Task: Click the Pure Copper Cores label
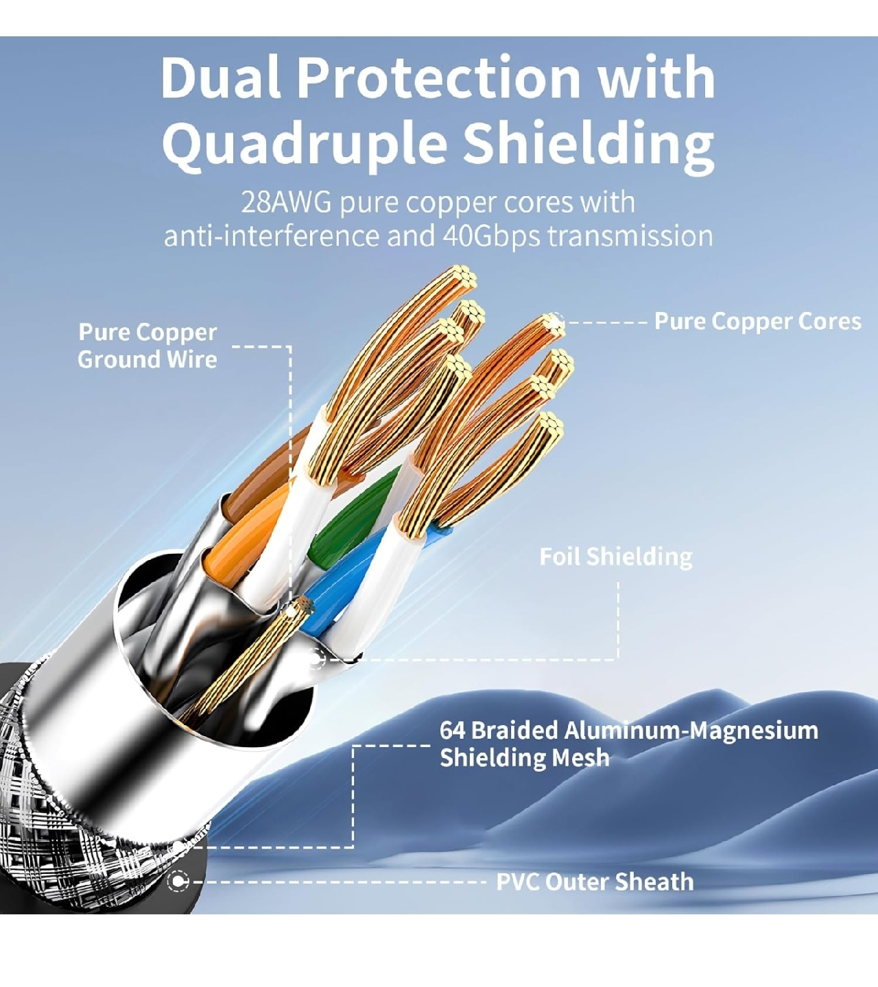click(757, 321)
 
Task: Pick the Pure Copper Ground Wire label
click(147, 346)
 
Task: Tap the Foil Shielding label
click(616, 557)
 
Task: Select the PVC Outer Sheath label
click(595, 881)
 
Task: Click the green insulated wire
click(354, 516)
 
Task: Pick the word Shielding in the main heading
click(589, 143)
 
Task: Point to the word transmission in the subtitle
click(630, 236)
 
